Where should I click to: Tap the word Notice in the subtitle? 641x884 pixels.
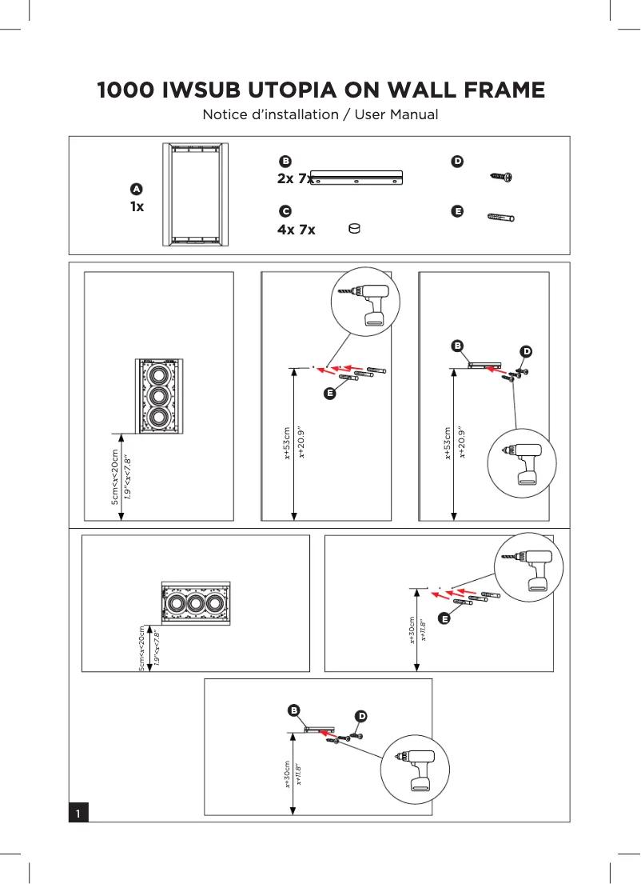pyautogui.click(x=226, y=114)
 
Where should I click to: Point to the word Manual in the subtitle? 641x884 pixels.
pyautogui.click(x=414, y=114)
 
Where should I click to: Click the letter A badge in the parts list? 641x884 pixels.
pyautogui.click(x=136, y=189)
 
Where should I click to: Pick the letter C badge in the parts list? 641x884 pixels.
pyautogui.click(x=284, y=211)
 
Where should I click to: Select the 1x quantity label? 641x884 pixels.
pyautogui.click(x=137, y=206)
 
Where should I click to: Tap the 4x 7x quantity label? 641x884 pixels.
pyautogui.click(x=296, y=230)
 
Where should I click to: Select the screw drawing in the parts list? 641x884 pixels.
pyautogui.click(x=501, y=177)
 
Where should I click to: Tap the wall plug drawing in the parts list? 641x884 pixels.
pyautogui.click(x=500, y=217)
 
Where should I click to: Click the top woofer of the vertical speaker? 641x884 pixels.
pyautogui.click(x=158, y=375)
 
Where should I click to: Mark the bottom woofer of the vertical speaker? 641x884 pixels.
pyautogui.click(x=158, y=417)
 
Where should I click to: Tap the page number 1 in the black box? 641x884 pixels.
pyautogui.click(x=78, y=813)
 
